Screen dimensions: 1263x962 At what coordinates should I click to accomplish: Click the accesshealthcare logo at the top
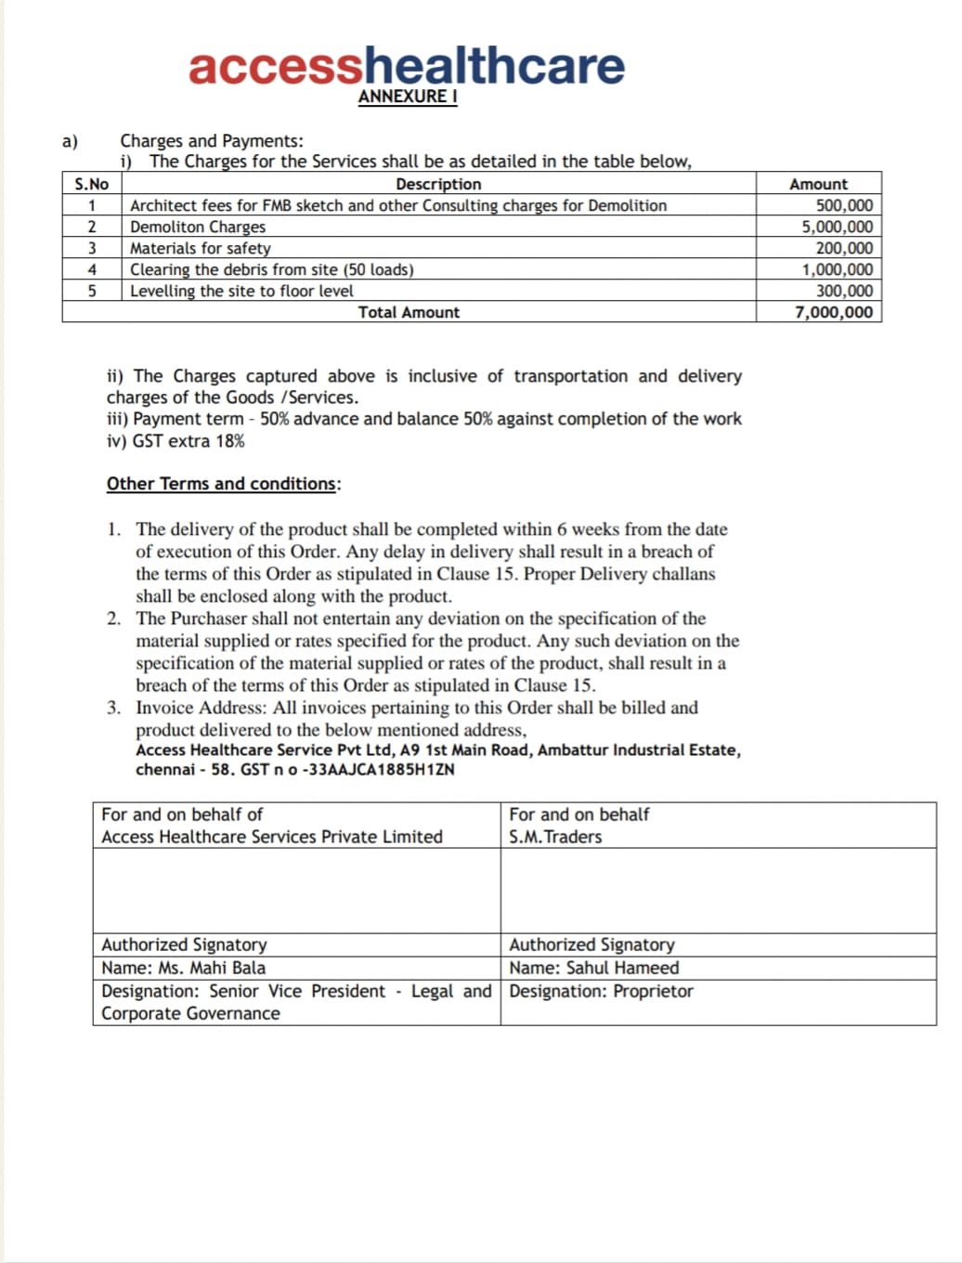pos(406,65)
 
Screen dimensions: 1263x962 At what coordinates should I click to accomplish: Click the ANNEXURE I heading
pos(408,97)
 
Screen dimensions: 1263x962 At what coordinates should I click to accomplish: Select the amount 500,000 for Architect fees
pos(843,205)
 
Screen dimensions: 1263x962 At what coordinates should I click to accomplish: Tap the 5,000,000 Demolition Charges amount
pos(837,227)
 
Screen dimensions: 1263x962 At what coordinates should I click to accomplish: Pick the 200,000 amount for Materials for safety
pos(843,248)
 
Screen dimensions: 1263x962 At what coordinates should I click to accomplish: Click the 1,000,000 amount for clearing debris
pos(837,269)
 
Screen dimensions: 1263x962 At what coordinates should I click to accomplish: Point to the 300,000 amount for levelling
pos(843,291)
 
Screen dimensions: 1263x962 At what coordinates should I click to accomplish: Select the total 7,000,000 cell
pos(834,312)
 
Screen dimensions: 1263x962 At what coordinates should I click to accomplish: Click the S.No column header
pos(91,184)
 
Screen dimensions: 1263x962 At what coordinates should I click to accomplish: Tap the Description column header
pos(438,184)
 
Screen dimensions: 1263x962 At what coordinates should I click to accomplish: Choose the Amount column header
pos(818,184)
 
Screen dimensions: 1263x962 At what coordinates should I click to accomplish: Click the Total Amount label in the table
pos(409,312)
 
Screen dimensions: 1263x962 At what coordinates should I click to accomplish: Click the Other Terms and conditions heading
pos(223,484)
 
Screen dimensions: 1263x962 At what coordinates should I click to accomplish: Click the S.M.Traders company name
pos(555,837)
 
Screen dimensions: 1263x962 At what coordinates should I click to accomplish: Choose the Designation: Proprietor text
pos(601,991)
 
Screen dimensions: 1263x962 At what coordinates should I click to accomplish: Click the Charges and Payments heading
pos(211,141)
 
